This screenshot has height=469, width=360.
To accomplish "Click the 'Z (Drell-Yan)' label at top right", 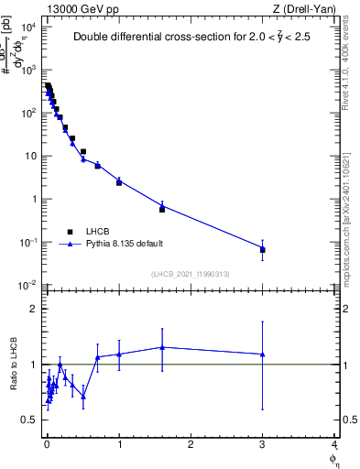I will [x=304, y=8].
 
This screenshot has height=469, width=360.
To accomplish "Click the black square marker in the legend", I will [x=70, y=232].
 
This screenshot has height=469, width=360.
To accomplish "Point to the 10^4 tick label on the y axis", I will [x=27, y=27].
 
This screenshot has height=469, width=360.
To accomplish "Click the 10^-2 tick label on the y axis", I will [x=27, y=286].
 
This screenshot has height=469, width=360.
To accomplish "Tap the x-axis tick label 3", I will [x=263, y=446].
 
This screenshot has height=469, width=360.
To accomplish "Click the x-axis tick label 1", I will [x=119, y=446].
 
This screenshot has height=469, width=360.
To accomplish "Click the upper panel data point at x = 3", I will [x=263, y=249].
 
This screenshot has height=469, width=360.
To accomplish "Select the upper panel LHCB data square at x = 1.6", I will [x=162, y=209].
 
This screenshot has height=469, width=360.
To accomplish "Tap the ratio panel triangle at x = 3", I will [x=263, y=354].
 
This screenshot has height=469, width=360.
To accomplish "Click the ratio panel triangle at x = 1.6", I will [x=162, y=347].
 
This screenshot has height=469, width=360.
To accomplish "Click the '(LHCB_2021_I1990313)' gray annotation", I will [x=191, y=275].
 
